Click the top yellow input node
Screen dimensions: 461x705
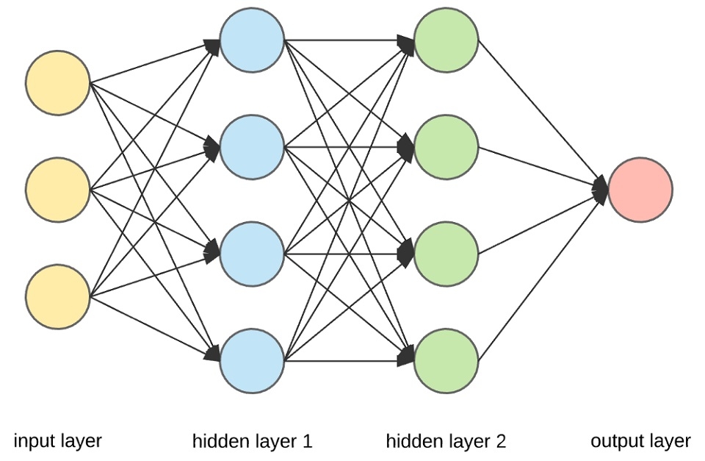coord(58,82)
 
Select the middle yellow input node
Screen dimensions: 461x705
coord(58,190)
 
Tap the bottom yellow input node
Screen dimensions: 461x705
coord(58,297)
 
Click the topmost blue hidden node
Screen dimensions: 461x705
coord(252,40)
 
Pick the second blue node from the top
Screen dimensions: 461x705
coord(252,147)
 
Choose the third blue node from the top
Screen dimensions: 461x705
coord(252,254)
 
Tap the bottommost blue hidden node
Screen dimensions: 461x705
coord(252,361)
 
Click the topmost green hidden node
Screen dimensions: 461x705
coord(446,40)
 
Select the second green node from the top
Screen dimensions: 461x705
coord(446,147)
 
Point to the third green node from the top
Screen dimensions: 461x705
coord(446,254)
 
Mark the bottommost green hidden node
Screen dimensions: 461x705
coord(446,361)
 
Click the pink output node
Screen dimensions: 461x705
coord(640,190)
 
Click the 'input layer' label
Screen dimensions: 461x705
coord(58,441)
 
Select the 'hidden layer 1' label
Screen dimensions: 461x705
coord(252,442)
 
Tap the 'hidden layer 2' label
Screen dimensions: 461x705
coord(446,442)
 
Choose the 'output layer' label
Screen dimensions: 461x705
coord(640,441)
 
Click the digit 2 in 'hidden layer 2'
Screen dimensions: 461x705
coord(500,442)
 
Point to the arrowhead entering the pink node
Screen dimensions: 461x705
coord(600,190)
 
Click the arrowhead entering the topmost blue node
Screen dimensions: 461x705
coord(212,46)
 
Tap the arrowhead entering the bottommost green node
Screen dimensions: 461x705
coord(406,358)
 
